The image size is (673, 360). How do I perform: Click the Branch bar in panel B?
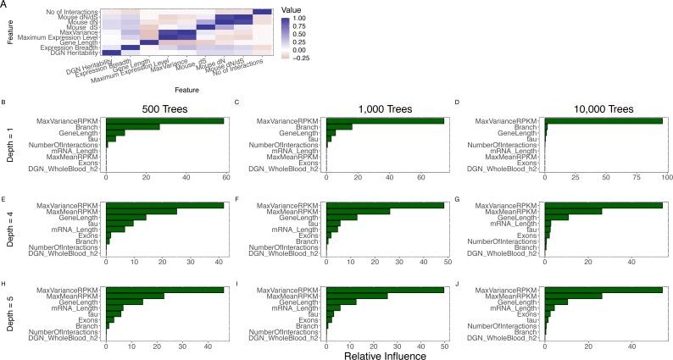pyautogui.click(x=132, y=126)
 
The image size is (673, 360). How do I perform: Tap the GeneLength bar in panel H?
pyautogui.click(x=124, y=301)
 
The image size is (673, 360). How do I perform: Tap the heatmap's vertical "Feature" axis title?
pyautogui.click(x=7, y=32)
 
